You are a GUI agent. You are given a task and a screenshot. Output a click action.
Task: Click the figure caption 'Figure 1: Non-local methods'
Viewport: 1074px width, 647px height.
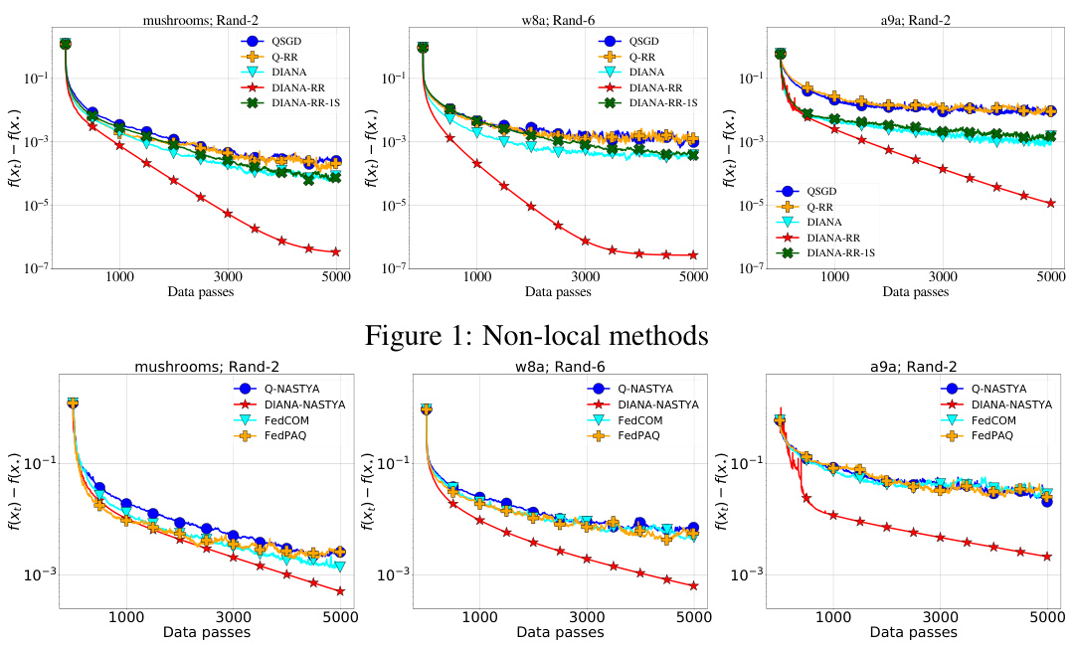click(536, 335)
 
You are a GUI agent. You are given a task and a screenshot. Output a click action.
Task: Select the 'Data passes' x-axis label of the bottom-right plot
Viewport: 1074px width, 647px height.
click(916, 632)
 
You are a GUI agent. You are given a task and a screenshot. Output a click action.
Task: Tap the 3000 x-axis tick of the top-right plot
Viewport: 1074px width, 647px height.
click(941, 277)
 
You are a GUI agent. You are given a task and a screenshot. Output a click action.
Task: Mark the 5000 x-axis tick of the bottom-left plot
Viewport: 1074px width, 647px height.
click(340, 616)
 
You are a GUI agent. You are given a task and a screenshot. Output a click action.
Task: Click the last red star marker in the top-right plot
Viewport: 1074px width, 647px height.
click(1050, 203)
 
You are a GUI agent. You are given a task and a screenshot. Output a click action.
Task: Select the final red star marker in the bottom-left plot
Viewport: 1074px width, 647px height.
click(340, 591)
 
